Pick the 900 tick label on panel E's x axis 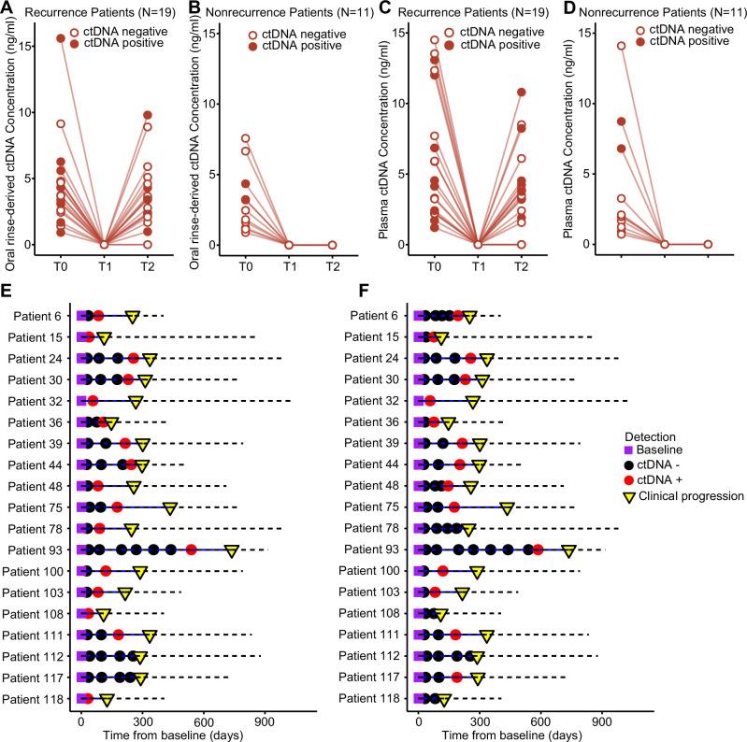(265, 722)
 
